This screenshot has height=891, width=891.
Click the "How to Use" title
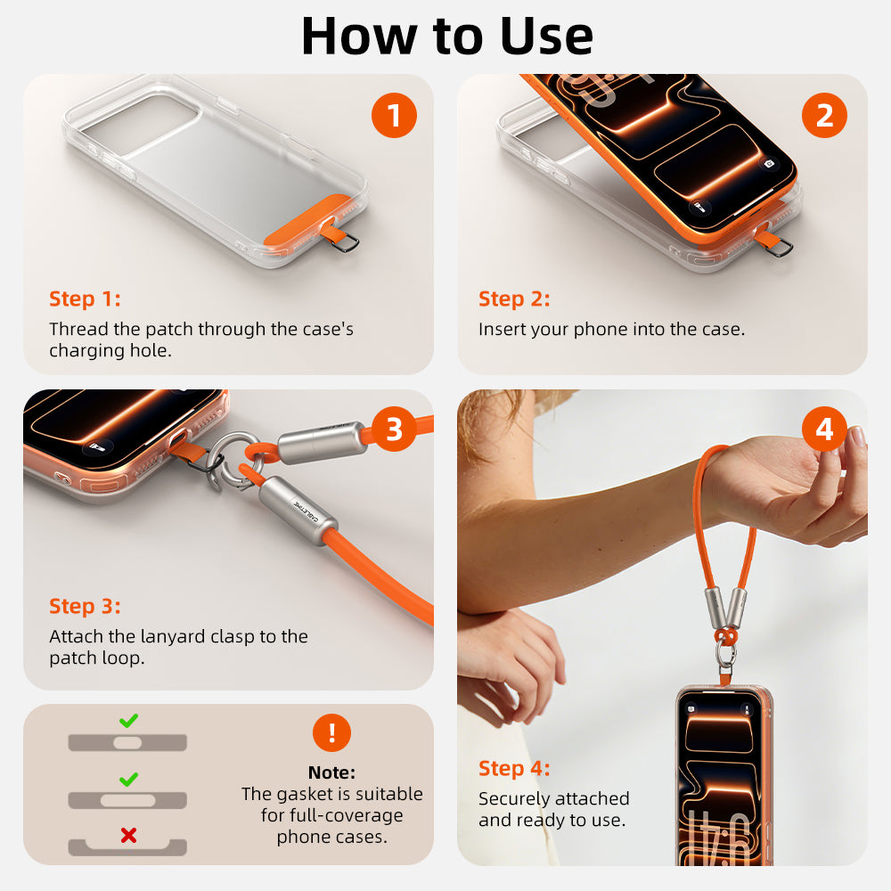click(446, 36)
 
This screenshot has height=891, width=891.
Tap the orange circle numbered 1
click(394, 116)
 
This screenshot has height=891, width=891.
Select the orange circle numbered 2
click(824, 116)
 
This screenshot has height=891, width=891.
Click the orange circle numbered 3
click(394, 430)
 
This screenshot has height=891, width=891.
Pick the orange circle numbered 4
click(824, 430)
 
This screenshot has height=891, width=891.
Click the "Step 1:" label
click(85, 298)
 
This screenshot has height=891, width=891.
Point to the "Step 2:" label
click(514, 298)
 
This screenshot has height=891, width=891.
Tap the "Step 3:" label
click(85, 606)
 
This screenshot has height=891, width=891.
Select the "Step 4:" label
click(514, 768)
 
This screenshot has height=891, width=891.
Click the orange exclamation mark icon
click(331, 732)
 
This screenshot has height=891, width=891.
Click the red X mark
click(128, 835)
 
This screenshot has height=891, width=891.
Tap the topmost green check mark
click(128, 720)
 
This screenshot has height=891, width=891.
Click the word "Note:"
click(331, 772)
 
